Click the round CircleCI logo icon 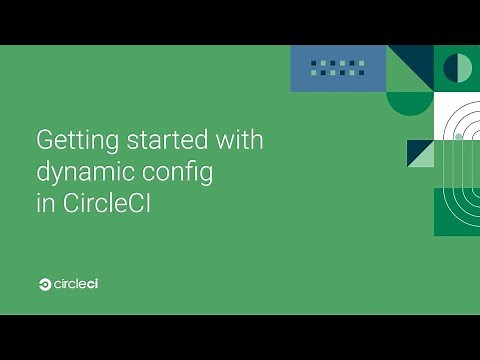point(45,285)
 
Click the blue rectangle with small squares point(337,68)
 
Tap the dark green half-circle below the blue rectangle point(409,101)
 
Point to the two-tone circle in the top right point(457,68)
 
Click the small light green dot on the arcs point(458,134)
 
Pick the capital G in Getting point(44,140)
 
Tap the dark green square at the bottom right point(456,212)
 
